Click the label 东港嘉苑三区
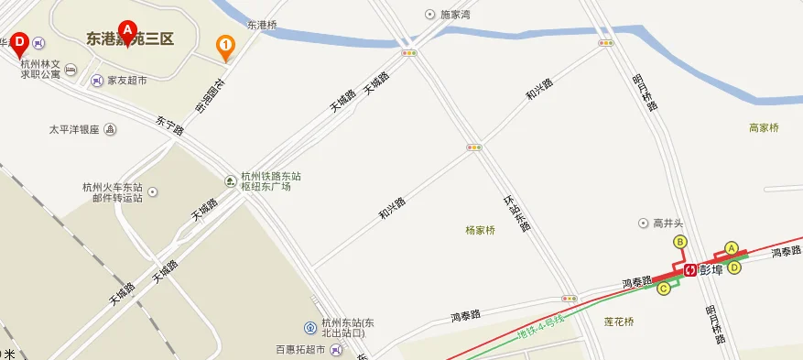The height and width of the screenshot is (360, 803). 129,38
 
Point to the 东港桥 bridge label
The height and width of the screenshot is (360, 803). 262,24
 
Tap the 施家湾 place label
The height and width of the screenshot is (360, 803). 454,15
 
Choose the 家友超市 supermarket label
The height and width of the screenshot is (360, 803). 126,81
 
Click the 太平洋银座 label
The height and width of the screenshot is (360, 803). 74,130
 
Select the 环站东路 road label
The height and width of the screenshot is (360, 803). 516,213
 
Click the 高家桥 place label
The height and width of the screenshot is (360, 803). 764,128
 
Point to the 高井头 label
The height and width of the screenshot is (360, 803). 669,223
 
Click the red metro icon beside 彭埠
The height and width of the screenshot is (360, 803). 689,269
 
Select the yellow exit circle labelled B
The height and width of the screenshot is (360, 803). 679,242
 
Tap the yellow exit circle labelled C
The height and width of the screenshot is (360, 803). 663,288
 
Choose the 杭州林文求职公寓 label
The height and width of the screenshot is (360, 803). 42,70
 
